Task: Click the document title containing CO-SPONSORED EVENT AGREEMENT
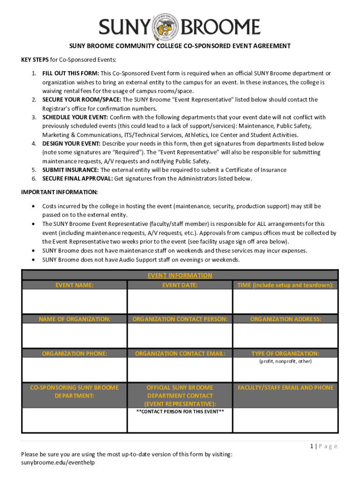click(x=180, y=46)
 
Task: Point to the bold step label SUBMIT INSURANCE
click(x=71, y=170)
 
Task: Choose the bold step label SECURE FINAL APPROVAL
click(x=77, y=179)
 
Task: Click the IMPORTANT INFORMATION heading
click(x=59, y=192)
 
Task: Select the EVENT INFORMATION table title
click(x=180, y=276)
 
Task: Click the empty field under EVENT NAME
click(x=74, y=301)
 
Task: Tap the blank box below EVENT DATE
click(x=180, y=301)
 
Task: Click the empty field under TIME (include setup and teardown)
click(x=285, y=301)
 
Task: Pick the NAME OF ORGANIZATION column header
click(x=74, y=319)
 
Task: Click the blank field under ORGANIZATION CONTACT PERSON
click(x=180, y=335)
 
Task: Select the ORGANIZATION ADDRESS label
click(x=285, y=319)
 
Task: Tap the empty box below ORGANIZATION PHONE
click(x=74, y=370)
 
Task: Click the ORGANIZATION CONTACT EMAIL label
click(x=180, y=354)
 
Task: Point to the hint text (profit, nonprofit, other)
click(x=285, y=362)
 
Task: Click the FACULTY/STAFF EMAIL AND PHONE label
click(x=285, y=387)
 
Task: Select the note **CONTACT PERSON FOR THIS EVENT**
click(x=180, y=412)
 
